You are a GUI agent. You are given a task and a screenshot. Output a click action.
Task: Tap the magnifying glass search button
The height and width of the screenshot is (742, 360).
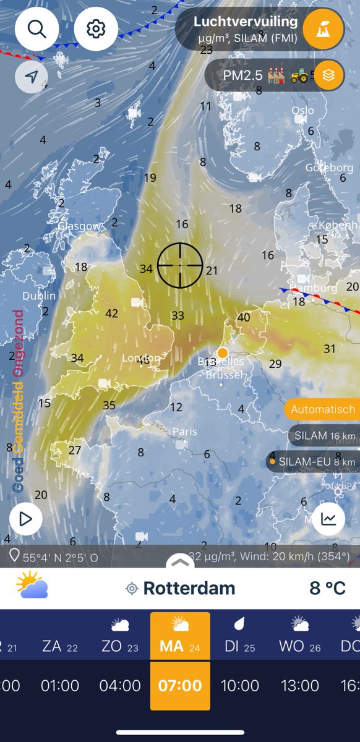(37, 29)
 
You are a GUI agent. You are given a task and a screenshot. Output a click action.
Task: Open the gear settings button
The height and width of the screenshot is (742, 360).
(96, 29)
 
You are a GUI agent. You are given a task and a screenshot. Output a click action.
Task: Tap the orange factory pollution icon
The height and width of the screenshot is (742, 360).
(322, 29)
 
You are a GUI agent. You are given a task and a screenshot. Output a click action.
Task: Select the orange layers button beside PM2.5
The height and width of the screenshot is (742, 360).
(328, 75)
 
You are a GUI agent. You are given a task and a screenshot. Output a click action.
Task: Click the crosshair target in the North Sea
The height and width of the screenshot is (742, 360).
(180, 265)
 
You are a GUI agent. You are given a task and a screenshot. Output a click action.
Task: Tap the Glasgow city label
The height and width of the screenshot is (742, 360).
(79, 226)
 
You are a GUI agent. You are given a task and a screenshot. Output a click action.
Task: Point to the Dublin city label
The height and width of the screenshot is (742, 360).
(38, 296)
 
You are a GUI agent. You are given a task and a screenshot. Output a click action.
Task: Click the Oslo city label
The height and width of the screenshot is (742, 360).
(302, 111)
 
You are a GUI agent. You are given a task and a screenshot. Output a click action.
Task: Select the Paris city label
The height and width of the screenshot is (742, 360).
(184, 432)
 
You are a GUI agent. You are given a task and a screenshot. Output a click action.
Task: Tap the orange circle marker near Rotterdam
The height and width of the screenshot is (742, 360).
(223, 352)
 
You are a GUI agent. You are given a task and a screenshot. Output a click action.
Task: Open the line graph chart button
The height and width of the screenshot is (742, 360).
(328, 519)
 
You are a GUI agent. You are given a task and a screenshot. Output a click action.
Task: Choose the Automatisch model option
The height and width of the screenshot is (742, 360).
(323, 409)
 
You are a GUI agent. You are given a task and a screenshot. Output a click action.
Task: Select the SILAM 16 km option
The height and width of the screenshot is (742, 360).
(324, 435)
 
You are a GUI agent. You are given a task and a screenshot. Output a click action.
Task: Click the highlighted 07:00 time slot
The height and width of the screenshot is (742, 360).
(180, 686)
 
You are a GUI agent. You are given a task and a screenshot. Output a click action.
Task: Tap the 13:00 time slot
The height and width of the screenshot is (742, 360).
(299, 686)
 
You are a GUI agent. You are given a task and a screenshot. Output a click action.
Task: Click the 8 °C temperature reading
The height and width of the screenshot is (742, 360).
(327, 587)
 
